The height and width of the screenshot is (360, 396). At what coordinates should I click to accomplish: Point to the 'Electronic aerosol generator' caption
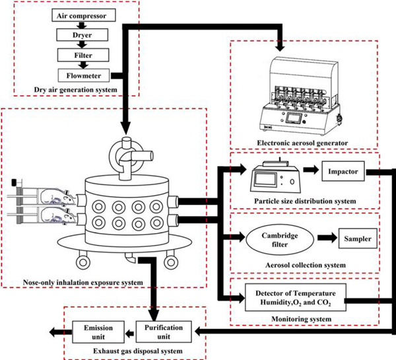(x=305, y=141)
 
